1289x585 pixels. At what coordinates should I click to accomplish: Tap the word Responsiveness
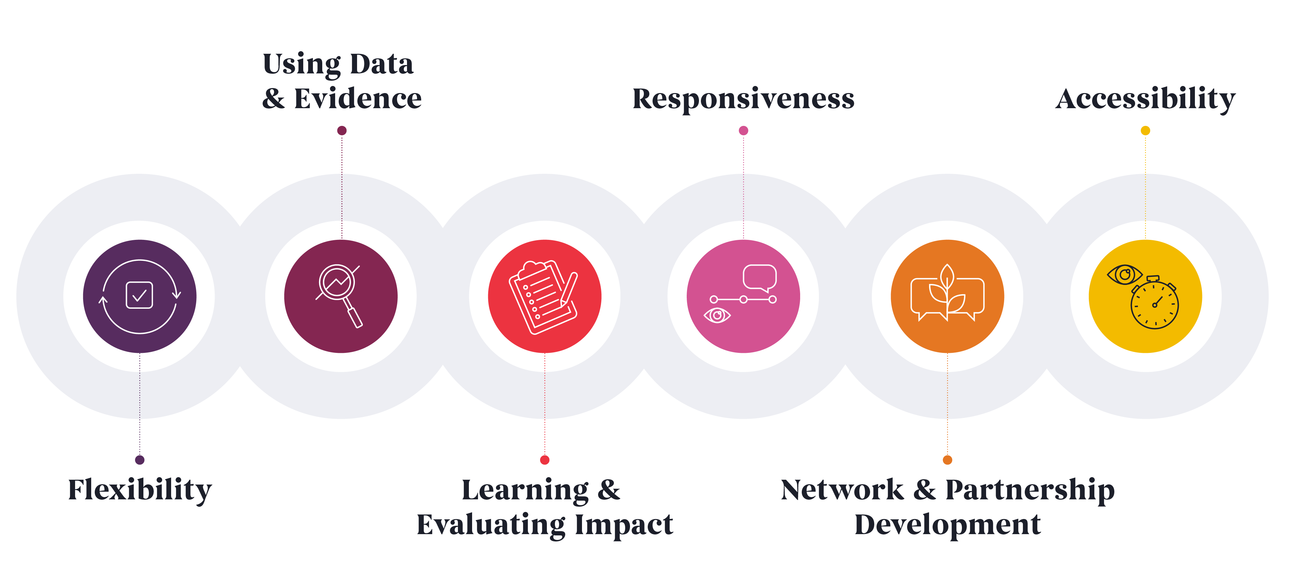743,99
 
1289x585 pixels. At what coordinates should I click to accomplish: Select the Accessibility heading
1145,99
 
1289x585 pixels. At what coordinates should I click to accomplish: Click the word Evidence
358,99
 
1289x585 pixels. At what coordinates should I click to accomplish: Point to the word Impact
624,525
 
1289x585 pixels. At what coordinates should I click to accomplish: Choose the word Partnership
1030,490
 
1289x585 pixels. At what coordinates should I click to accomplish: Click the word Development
947,525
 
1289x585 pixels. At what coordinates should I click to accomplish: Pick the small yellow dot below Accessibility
1145,130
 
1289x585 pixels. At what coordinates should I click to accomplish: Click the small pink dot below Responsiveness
743,130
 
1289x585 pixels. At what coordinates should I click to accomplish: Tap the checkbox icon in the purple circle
140,296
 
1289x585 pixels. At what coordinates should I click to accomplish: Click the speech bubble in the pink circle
760,278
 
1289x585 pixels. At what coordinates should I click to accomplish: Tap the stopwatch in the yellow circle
1154,303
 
